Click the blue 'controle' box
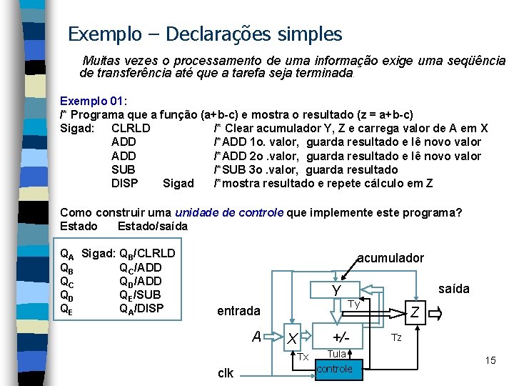coord(334,369)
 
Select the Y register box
coord(335,289)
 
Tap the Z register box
coord(414,311)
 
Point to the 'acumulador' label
coord(390,257)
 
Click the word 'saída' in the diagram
coord(454,288)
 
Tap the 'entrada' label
coord(238,311)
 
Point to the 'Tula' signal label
coord(336,354)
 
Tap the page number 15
coord(490,360)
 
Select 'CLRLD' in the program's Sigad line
coord(131,128)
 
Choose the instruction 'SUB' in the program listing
coord(123,169)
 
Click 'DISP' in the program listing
coord(125,183)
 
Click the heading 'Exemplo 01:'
coord(93,101)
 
